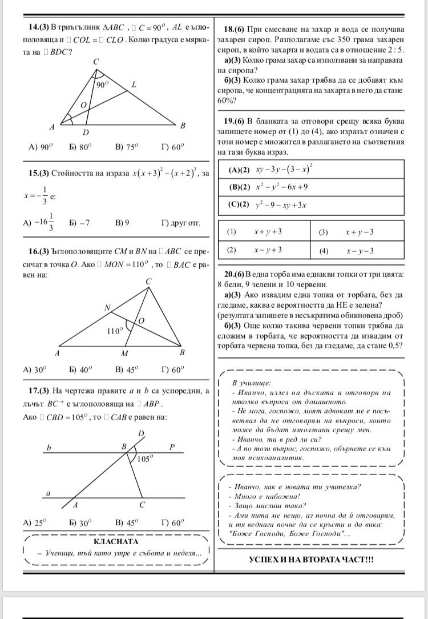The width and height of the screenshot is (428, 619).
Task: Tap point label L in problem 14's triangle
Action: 134,85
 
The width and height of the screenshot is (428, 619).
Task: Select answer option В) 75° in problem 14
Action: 127,147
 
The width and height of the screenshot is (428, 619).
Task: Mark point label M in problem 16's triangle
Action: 124,354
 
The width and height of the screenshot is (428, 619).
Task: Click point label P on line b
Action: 171,447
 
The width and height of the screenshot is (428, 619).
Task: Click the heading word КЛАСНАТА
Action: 116,541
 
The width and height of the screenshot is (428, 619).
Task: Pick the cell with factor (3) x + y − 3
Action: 357,232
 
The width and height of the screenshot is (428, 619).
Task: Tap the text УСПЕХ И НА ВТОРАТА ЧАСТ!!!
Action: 311,559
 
